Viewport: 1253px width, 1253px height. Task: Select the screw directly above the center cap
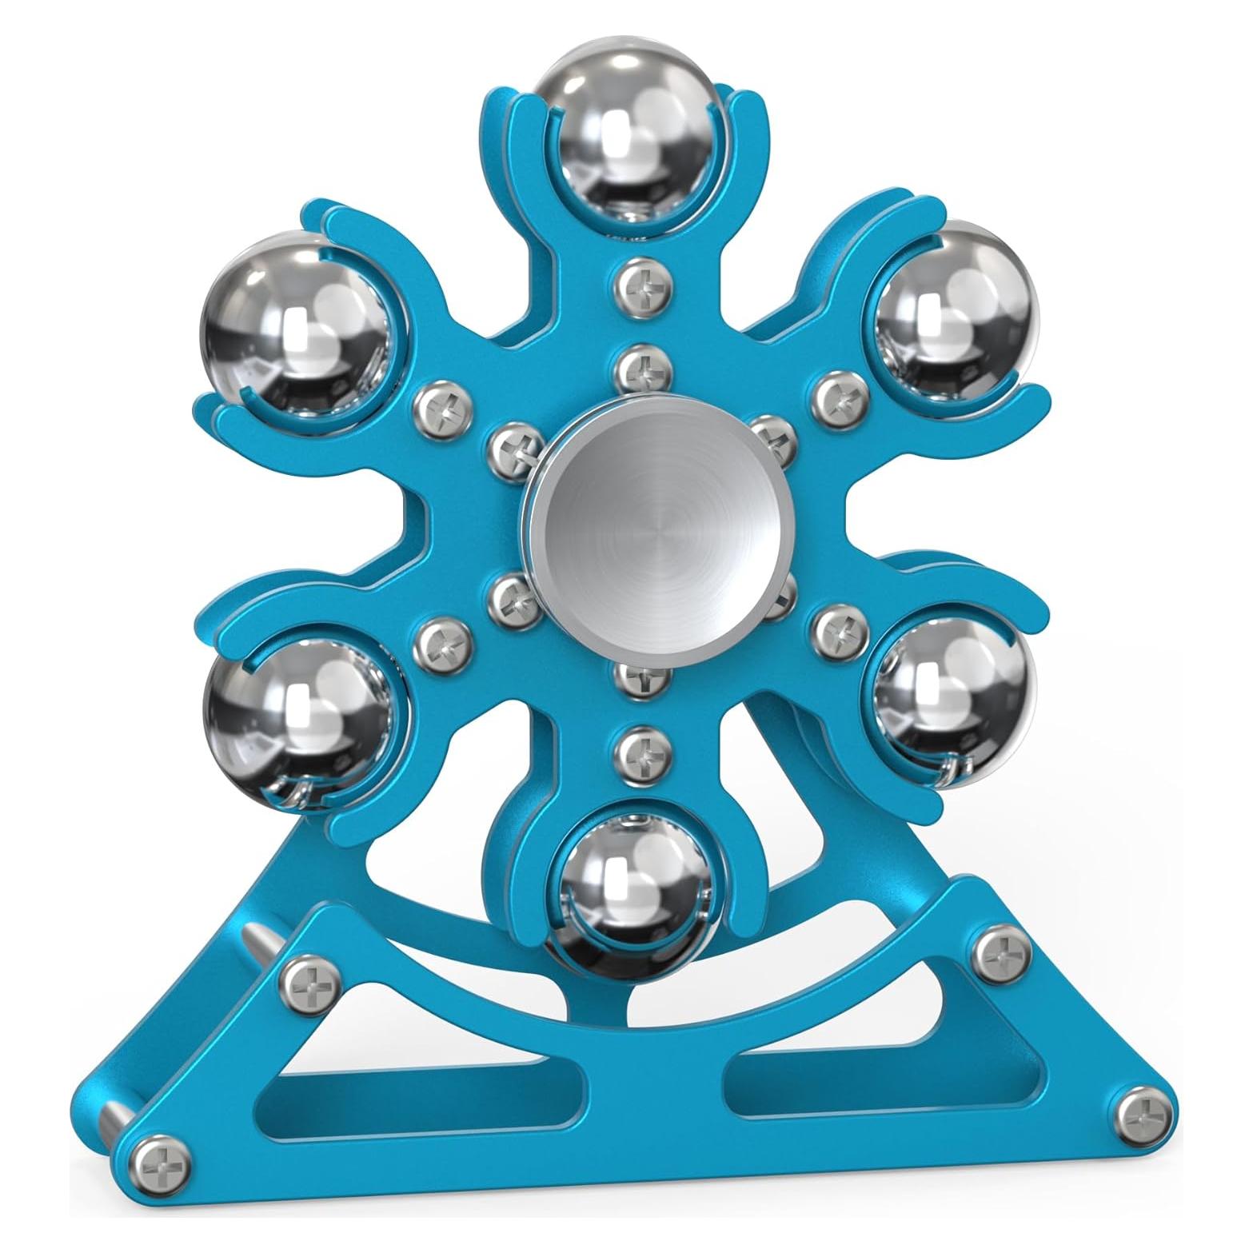click(x=644, y=369)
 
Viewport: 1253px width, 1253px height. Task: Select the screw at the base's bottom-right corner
click(x=1143, y=1111)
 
